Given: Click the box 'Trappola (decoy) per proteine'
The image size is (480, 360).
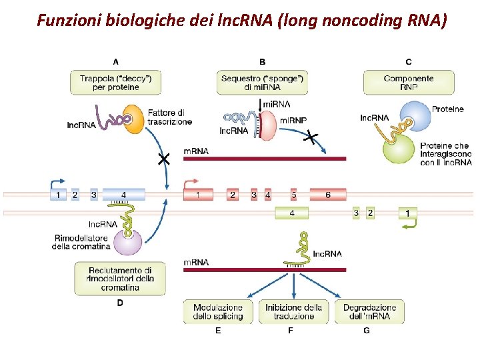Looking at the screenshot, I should [x=115, y=83].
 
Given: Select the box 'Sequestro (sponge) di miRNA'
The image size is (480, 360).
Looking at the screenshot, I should [x=262, y=83].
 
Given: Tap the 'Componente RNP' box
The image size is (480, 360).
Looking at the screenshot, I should [x=408, y=83].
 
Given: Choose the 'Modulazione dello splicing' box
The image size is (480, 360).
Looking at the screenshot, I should [x=218, y=311].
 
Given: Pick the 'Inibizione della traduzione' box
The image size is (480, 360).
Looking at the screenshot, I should [x=293, y=311].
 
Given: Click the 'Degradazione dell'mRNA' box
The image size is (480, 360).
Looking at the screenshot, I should [x=369, y=311].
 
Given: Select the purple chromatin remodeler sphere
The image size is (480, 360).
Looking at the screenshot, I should [x=128, y=241].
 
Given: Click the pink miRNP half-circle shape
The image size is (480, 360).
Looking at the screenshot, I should [x=266, y=125].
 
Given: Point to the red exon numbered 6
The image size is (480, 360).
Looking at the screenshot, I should [x=328, y=195].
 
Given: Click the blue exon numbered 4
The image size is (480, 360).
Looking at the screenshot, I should [x=123, y=195].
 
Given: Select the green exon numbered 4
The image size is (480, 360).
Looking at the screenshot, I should [x=291, y=213].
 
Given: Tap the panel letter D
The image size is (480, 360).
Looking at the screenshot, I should [x=120, y=303].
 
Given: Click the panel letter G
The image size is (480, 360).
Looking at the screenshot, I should [x=367, y=330].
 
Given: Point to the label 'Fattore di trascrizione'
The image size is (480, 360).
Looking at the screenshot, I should [x=169, y=117].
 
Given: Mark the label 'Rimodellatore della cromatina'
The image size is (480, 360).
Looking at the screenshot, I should [x=81, y=242].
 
